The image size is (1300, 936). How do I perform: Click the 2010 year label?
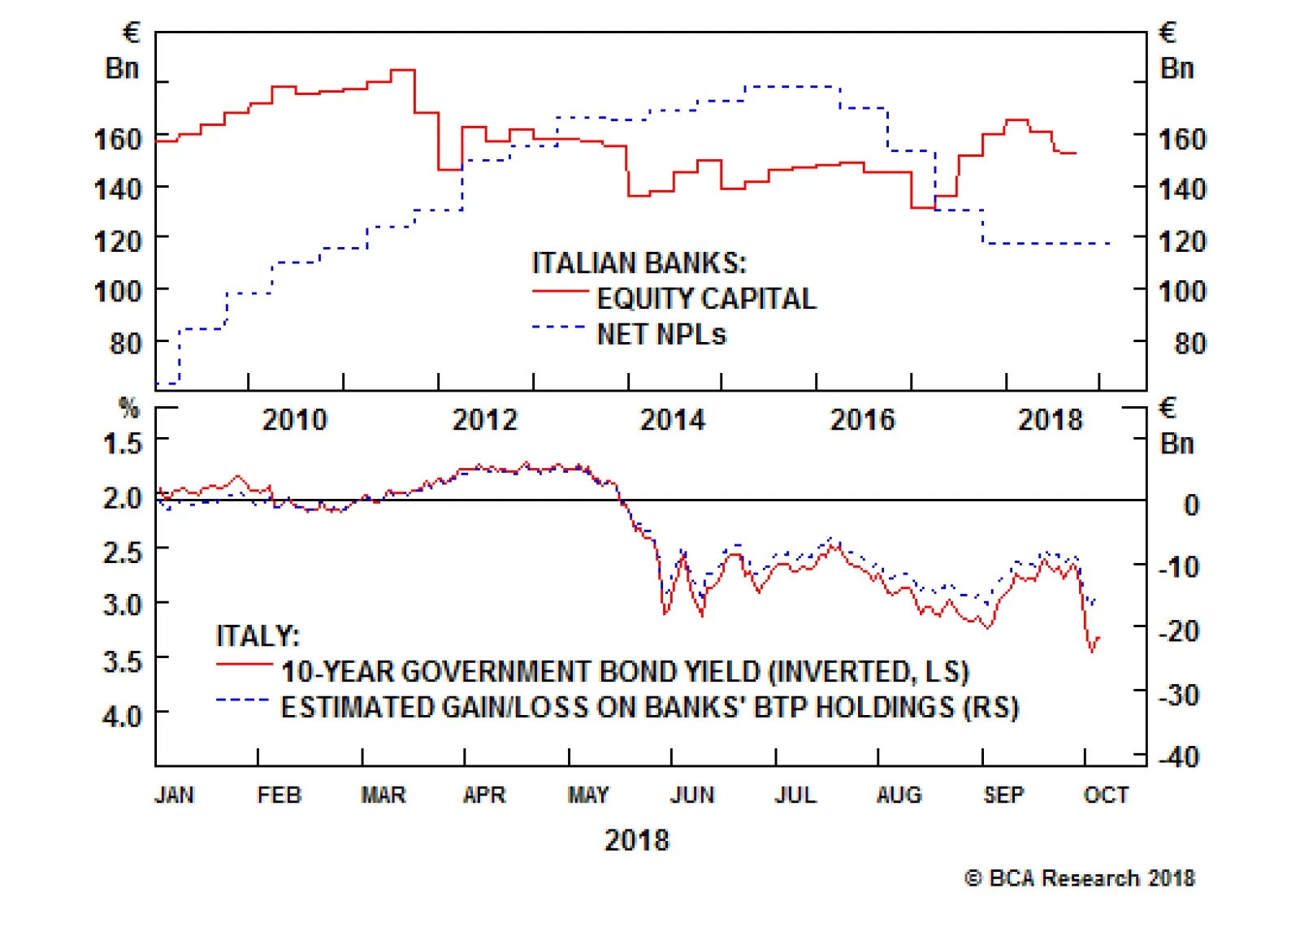(x=294, y=420)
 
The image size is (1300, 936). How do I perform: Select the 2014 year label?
(x=673, y=420)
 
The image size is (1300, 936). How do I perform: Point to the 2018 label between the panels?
(x=1051, y=420)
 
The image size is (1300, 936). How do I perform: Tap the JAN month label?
(x=175, y=795)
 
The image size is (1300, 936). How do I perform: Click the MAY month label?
(x=588, y=795)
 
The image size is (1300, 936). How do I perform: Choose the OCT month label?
(x=1106, y=795)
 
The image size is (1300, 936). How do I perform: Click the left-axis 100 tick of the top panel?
(x=119, y=292)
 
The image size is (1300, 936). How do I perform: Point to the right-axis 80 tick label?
(x=1189, y=344)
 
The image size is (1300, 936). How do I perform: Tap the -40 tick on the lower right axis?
(x=1178, y=757)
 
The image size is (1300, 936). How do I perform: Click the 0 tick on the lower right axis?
(x=1190, y=505)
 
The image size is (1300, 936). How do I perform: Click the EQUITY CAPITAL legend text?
(x=706, y=299)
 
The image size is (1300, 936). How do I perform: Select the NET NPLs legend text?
(x=661, y=335)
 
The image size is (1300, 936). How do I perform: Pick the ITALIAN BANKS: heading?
(x=639, y=263)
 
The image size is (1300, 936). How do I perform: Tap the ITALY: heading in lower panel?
(x=258, y=635)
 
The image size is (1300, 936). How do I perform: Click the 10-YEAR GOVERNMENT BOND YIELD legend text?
(x=625, y=672)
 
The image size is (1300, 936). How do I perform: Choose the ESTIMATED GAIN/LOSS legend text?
(x=649, y=708)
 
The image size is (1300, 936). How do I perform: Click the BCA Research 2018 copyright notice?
(x=1080, y=878)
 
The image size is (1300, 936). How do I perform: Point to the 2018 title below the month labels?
(x=637, y=840)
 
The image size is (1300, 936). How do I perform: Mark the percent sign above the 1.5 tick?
(x=128, y=407)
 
